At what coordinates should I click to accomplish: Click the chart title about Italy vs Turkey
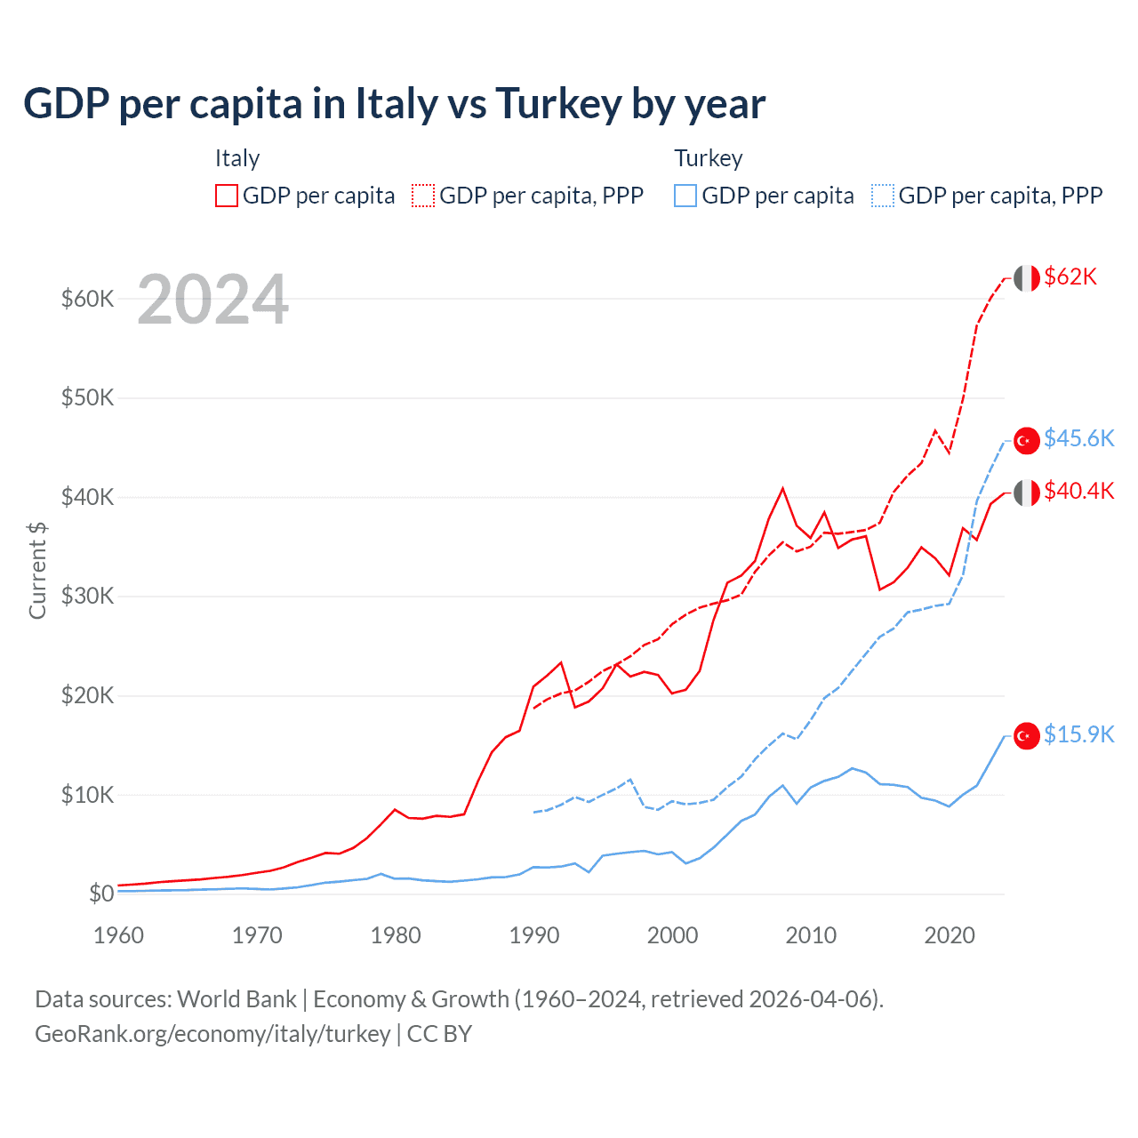[x=394, y=104]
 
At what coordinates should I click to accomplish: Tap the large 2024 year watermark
[x=212, y=300]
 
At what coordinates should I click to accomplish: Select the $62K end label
[x=1070, y=276]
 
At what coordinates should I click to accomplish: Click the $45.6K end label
[x=1078, y=438]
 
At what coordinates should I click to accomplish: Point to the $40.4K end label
[x=1078, y=491]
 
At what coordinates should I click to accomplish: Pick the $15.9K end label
[x=1078, y=734]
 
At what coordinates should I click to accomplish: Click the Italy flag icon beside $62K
[x=1027, y=278]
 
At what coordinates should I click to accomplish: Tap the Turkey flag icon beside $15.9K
[x=1027, y=736]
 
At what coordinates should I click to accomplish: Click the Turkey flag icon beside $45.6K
[x=1027, y=440]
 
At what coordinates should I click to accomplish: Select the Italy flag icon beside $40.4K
[x=1027, y=493]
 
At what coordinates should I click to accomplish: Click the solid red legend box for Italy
[x=227, y=196]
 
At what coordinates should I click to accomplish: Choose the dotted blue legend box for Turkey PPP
[x=883, y=196]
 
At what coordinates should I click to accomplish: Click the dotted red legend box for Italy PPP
[x=423, y=196]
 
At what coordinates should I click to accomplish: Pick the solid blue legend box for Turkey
[x=685, y=196]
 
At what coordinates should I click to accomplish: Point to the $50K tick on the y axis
[x=87, y=397]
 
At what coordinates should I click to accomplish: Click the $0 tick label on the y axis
[x=101, y=894]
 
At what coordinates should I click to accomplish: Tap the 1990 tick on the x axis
[x=534, y=935]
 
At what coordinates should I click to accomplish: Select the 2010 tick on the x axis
[x=811, y=935]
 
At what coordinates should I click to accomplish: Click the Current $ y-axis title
[x=37, y=570]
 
